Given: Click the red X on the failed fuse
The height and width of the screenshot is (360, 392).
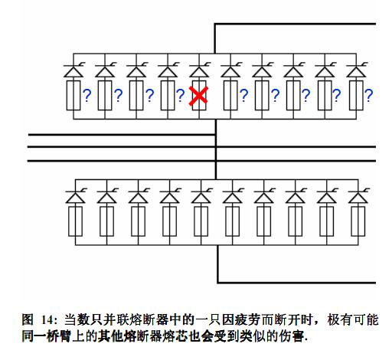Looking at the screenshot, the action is pos(198,96).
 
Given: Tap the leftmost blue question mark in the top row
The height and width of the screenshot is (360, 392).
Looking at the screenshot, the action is pos(87,96).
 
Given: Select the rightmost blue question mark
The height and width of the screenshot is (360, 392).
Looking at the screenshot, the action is pos(369,96).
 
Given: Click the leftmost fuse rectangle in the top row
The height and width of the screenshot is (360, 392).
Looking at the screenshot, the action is pos(73,96).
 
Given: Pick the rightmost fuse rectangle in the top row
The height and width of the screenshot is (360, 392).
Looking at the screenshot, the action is pos(356,96).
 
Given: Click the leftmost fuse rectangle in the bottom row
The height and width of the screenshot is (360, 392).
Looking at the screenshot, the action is pos(75,221).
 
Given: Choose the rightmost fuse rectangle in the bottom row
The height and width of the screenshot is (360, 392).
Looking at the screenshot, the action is pos(358,221).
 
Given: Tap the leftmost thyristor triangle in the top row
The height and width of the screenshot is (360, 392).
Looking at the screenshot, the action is pos(73,71).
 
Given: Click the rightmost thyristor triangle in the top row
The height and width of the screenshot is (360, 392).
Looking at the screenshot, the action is pos(356,71).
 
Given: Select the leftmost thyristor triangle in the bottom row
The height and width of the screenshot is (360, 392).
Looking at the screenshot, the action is pos(75,198).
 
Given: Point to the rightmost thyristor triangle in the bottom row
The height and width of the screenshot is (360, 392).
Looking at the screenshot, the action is pos(358,198).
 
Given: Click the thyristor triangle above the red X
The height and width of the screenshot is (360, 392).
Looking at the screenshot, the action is pos(199,71).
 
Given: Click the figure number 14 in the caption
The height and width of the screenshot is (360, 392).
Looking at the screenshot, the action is pos(47,320).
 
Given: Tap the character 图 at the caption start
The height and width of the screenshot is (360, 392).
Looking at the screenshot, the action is pos(28,319).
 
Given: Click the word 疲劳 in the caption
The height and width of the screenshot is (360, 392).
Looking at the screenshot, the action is pos(247,319).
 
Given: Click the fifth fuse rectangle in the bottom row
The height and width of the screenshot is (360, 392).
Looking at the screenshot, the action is pos(201,221).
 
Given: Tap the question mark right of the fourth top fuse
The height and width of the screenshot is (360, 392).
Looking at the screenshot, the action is pos(181,96).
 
